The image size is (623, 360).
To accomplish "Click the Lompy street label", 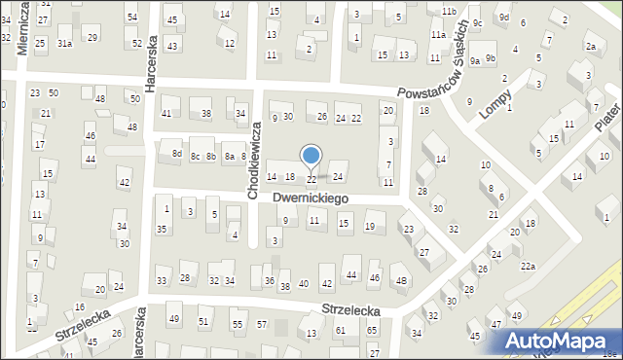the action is point(495,100).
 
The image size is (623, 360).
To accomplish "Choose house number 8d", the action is point(177,154).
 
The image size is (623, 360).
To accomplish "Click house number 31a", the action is point(64,44).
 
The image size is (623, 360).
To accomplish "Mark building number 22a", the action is point(528,266).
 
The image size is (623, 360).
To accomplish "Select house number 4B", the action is point(401,282).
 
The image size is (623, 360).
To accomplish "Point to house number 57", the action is point(262,323).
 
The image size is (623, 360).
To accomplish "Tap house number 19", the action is point(369,227).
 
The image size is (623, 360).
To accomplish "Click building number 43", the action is point(172,46).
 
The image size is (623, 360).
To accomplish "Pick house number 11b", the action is point(448,12).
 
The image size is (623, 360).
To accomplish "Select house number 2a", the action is point(591,47).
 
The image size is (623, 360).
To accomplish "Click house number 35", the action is point(162,229).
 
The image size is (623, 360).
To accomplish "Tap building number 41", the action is point(166,114).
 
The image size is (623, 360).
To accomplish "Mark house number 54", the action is point(132,18).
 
